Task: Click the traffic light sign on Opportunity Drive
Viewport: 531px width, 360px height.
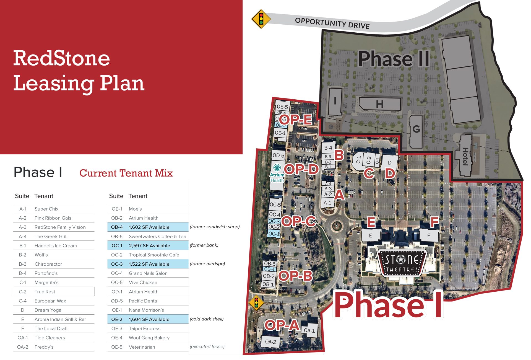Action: [x=261, y=19]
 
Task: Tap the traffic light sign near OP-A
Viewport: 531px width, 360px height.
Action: [x=256, y=302]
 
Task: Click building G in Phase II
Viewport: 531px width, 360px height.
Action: [x=416, y=129]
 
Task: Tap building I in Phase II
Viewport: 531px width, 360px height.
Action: [x=335, y=101]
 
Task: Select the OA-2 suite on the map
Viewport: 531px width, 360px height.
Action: [x=270, y=342]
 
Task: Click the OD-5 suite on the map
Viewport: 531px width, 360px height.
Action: [x=278, y=155]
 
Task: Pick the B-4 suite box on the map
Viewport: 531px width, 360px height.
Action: [x=328, y=148]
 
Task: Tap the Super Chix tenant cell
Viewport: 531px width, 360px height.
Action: [x=46, y=209]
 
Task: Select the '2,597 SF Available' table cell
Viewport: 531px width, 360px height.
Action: [x=149, y=246]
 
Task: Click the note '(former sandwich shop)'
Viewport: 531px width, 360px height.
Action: [x=215, y=227]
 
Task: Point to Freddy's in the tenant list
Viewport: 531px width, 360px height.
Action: [x=44, y=347]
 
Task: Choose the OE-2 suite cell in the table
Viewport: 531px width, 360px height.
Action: [x=117, y=319]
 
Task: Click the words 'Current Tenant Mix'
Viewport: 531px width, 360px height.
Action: [x=126, y=173]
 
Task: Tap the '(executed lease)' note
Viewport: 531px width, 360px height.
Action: [x=207, y=346]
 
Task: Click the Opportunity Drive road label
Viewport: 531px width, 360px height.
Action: [x=332, y=23]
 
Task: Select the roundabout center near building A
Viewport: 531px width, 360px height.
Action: [x=336, y=226]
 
